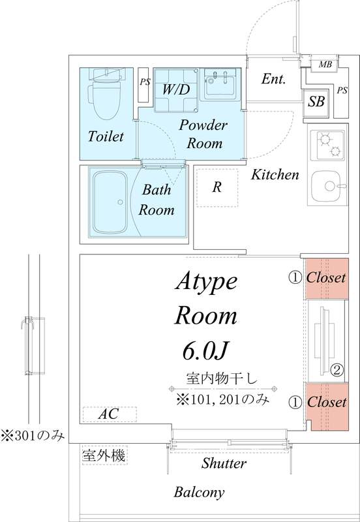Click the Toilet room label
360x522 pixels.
106,136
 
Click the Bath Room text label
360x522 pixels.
157,200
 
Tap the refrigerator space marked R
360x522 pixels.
217,187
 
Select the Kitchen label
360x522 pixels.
275,174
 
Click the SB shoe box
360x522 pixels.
316,101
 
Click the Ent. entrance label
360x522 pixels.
274,80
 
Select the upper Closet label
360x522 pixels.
326,277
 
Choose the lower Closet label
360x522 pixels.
326,401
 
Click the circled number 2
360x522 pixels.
337,370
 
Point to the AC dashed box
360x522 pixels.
109,414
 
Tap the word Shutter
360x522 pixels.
224,463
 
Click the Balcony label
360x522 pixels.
199,492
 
